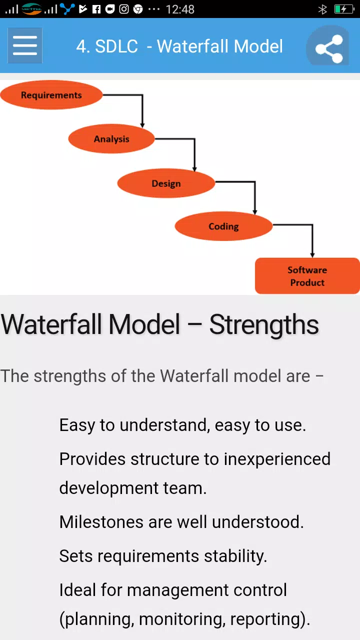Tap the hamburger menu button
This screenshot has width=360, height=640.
click(25, 45)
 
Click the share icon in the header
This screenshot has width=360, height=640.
click(329, 48)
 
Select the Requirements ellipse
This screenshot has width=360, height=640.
click(51, 94)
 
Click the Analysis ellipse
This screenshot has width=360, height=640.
click(111, 138)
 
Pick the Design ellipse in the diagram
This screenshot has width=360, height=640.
click(166, 183)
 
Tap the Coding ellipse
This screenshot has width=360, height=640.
click(223, 226)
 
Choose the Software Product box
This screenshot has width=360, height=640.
click(307, 276)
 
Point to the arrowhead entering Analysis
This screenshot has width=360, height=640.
click(142, 125)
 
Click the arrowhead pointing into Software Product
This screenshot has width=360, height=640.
click(312, 255)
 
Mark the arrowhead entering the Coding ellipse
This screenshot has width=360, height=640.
click(255, 212)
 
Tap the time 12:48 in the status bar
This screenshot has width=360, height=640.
click(180, 9)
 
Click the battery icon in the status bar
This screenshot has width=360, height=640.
click(344, 9)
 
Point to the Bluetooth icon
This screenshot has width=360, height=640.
click(322, 9)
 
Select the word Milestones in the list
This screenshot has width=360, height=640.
click(101, 522)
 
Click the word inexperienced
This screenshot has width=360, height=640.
click(277, 459)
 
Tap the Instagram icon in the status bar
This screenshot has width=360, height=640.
click(123, 9)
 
